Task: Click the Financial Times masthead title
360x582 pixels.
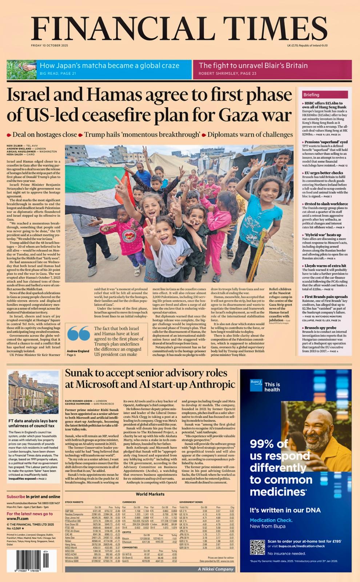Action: coord(179,29)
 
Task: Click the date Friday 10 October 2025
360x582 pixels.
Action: coord(49,45)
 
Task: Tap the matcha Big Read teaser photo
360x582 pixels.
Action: coord(21,70)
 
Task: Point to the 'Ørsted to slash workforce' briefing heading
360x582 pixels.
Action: coord(326,204)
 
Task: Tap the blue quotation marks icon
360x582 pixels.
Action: coord(79,334)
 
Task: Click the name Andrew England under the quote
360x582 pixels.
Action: coord(78,351)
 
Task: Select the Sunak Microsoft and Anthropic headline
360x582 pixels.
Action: coord(150,379)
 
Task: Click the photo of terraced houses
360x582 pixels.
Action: coord(33,392)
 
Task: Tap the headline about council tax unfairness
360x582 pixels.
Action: coord(33,423)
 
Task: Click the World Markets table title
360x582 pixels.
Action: coord(150,494)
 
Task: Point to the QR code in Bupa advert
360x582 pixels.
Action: coord(257,547)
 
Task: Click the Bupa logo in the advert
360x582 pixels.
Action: coord(256,385)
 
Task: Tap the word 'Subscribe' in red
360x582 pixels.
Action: coord(16,497)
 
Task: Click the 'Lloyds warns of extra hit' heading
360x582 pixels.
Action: coord(325,266)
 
